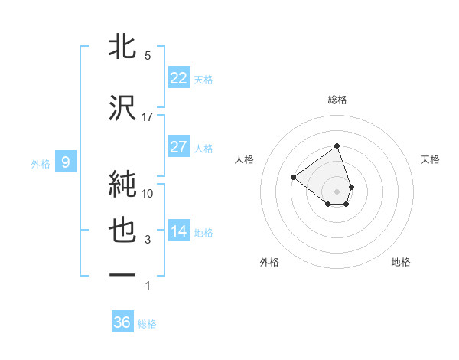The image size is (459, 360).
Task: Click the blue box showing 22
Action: click(x=179, y=78)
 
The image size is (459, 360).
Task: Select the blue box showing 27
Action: click(x=179, y=147)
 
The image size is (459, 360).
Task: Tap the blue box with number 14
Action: click(x=179, y=231)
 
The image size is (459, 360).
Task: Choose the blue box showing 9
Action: click(x=67, y=162)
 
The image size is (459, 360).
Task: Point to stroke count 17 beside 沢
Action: click(x=148, y=117)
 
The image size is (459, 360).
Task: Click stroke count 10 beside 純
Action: click(x=148, y=194)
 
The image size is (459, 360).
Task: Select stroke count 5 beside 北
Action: click(x=148, y=56)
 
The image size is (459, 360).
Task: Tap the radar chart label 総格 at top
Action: click(x=337, y=100)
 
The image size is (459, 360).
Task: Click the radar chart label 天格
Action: click(x=431, y=159)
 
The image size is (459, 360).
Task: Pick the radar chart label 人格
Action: click(x=245, y=159)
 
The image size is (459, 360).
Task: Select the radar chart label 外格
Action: click(x=269, y=262)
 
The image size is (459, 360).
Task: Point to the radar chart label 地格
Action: click(x=401, y=262)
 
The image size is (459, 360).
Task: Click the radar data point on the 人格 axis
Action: click(x=293, y=178)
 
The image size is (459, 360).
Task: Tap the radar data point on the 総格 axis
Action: click(x=337, y=146)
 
